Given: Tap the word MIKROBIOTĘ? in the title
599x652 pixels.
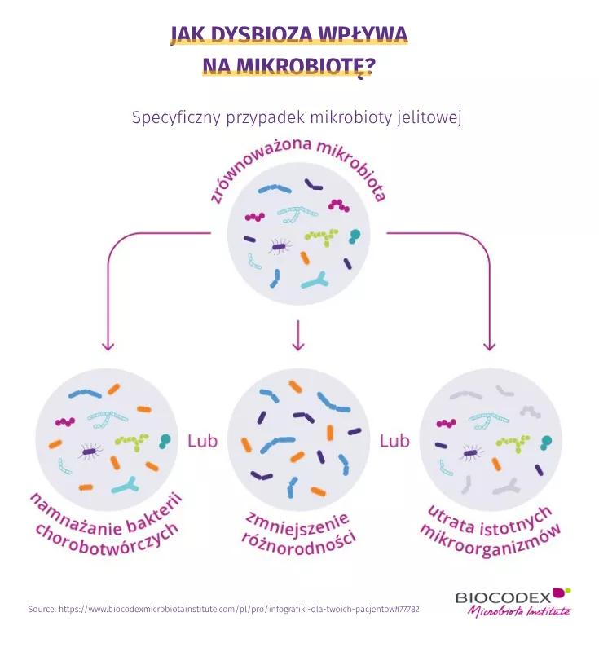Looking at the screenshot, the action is click(306, 65).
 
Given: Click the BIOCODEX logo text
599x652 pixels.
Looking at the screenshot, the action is click(503, 597).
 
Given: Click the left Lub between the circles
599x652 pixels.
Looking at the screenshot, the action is click(202, 441).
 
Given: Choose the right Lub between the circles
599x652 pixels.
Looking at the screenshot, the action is click(394, 441).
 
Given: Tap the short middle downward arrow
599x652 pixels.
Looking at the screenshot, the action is click(298, 335).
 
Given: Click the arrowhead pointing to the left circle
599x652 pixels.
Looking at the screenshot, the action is click(108, 346).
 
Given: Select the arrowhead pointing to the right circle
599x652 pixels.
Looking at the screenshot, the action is click(489, 346).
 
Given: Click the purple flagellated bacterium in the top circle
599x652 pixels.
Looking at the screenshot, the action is click(278, 247).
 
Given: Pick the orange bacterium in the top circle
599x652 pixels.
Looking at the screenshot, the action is click(305, 258).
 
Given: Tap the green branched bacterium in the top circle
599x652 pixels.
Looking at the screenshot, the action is click(322, 236).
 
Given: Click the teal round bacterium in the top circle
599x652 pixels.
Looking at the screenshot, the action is click(355, 236).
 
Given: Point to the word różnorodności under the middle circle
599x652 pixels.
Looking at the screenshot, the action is click(298, 543).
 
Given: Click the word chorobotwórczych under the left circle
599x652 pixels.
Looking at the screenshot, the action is click(107, 541).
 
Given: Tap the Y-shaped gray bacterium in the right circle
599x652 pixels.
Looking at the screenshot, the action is click(506, 487).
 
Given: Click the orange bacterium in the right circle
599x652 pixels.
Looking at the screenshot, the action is click(496, 464).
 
